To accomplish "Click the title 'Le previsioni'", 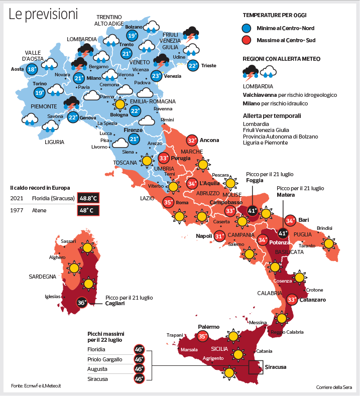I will click(43, 15).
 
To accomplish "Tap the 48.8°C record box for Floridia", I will click(88, 198).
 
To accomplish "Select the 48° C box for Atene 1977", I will click(88, 210).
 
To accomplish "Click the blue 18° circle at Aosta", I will click(32, 69).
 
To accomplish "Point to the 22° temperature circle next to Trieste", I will click(193, 65).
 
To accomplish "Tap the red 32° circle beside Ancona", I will click(192, 141).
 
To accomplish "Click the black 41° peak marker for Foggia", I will click(253, 211).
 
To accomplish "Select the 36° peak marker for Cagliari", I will click(82, 303).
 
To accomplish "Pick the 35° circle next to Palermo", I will click(202, 337).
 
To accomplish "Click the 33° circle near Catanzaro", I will click(292, 300).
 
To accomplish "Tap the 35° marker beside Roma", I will click(169, 203).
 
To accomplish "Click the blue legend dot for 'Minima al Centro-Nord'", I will click(247, 28).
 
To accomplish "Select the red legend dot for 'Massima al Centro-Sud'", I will click(247, 39).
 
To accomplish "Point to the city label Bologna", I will click(119, 115).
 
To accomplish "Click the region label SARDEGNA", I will click(42, 277).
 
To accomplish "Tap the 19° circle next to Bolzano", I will click(132, 36).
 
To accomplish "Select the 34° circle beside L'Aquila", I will click(192, 184).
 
